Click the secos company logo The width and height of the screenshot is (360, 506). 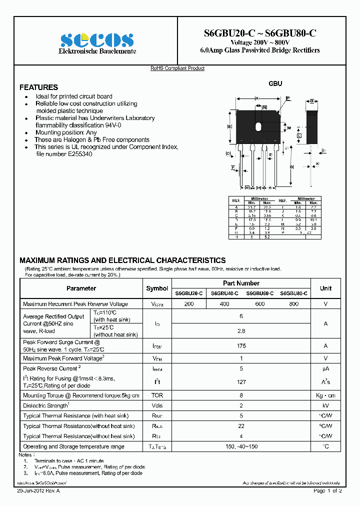coord(97,39)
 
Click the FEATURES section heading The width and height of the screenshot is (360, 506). coord(38,87)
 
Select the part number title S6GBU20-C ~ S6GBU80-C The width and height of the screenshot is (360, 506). coord(259,33)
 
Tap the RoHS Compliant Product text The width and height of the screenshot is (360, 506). coord(177,68)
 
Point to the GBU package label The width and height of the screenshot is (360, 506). coord(275,83)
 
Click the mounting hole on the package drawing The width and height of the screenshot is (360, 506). coord(258,126)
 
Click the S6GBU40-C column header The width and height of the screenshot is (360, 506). coord(224,293)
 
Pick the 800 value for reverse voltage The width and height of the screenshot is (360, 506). coord(293,304)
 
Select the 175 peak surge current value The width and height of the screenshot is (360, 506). coord(241,345)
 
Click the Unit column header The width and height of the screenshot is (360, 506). coord(325,288)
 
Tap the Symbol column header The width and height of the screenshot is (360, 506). coord(157,288)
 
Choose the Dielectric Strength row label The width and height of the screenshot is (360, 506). coord(45,405)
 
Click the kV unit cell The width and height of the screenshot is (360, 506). coord(325,405)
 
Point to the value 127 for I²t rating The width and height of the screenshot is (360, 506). coord(241,382)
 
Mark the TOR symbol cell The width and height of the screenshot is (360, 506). coord(157,395)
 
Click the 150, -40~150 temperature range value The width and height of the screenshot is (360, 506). coord(241,446)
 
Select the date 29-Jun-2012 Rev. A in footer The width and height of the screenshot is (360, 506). coord(38,491)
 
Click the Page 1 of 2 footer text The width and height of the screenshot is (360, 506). coord(327,491)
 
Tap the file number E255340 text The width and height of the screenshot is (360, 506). coord(64,154)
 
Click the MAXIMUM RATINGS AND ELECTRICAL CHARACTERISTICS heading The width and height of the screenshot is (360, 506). coord(122,260)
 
